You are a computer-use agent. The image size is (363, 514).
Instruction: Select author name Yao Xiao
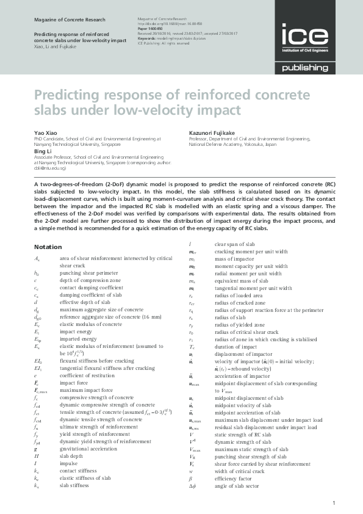(45, 132)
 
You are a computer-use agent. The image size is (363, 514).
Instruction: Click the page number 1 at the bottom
(334, 502)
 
